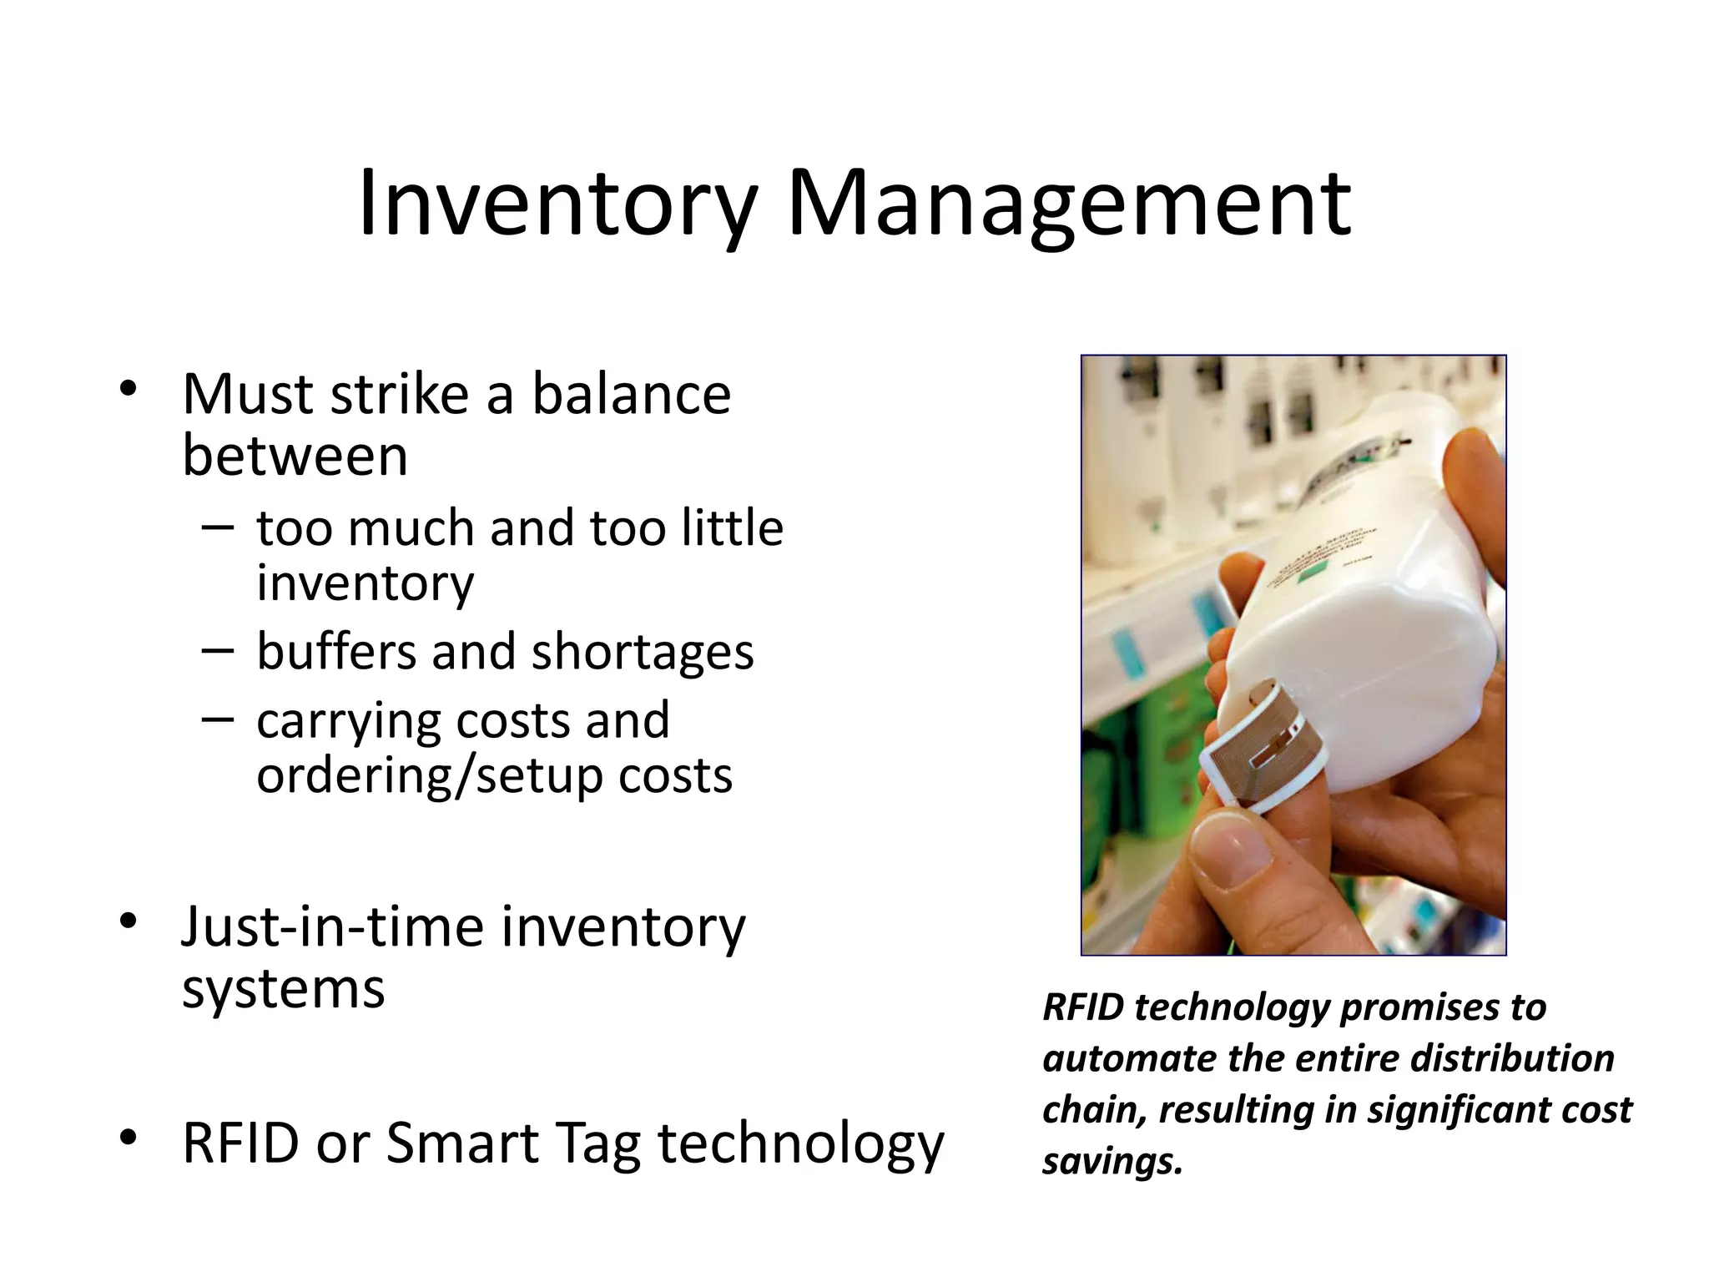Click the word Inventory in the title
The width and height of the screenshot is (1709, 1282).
point(557,204)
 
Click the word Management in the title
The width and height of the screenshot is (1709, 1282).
point(1068,204)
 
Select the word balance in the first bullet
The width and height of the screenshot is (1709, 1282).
point(631,394)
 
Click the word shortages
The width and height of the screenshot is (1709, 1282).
point(643,653)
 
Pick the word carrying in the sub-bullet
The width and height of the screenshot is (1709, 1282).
point(347,721)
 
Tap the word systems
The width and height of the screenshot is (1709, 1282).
point(284,989)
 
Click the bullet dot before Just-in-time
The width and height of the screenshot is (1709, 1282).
point(128,921)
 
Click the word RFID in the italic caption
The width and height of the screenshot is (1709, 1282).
point(1083,1007)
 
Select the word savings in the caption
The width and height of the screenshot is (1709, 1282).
point(1112,1161)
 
